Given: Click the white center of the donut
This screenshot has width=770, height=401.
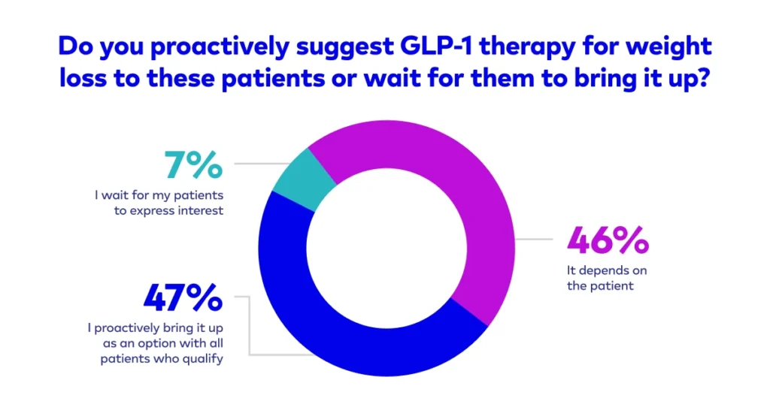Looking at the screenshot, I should [386, 248].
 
